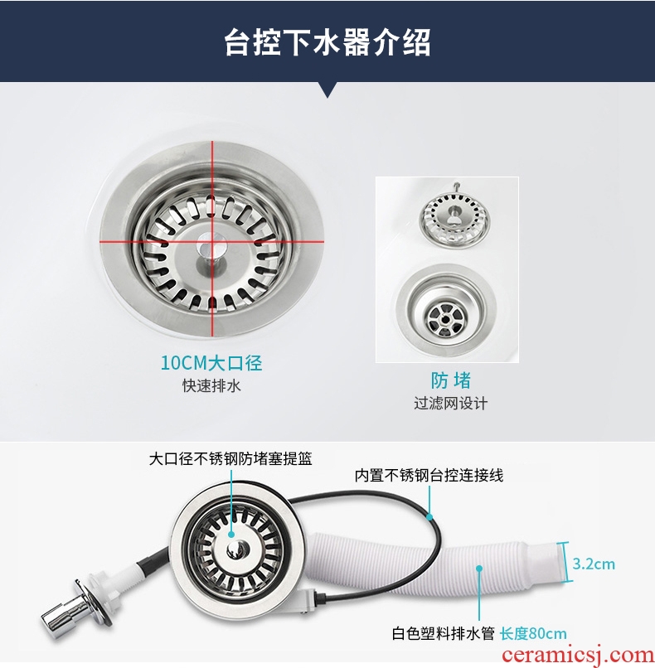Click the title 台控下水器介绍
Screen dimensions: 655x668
(327, 42)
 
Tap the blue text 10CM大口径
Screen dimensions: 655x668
(211, 363)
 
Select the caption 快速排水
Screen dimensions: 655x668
(211, 386)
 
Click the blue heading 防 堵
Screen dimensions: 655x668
(450, 380)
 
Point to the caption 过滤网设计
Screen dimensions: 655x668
(450, 403)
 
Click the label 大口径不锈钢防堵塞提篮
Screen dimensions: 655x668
(230, 459)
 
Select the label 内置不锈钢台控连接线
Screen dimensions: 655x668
(429, 475)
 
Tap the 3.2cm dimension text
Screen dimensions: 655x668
(594, 564)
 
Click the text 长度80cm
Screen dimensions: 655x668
(533, 633)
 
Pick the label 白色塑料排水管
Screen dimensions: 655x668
(444, 633)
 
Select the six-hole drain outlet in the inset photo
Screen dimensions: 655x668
(446, 317)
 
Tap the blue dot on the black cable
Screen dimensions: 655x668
(430, 517)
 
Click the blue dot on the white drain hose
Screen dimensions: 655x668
(479, 569)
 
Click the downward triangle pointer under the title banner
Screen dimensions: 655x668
(327, 90)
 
